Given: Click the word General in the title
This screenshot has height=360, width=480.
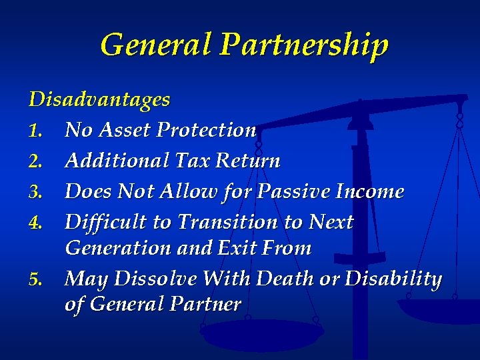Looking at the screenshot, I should (155, 45).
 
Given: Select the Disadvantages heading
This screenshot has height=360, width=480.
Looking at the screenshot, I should (99, 100).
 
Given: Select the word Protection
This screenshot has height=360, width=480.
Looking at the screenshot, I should (206, 130).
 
